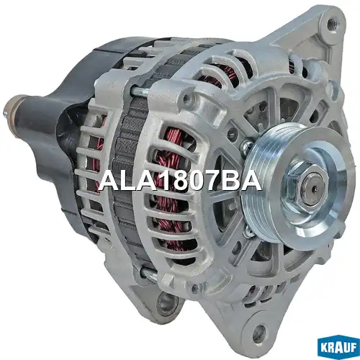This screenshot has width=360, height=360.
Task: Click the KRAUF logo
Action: tap(338, 348)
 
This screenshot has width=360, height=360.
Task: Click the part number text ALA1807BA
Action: tap(180, 181)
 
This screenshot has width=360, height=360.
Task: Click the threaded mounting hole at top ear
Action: tap(332, 24)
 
